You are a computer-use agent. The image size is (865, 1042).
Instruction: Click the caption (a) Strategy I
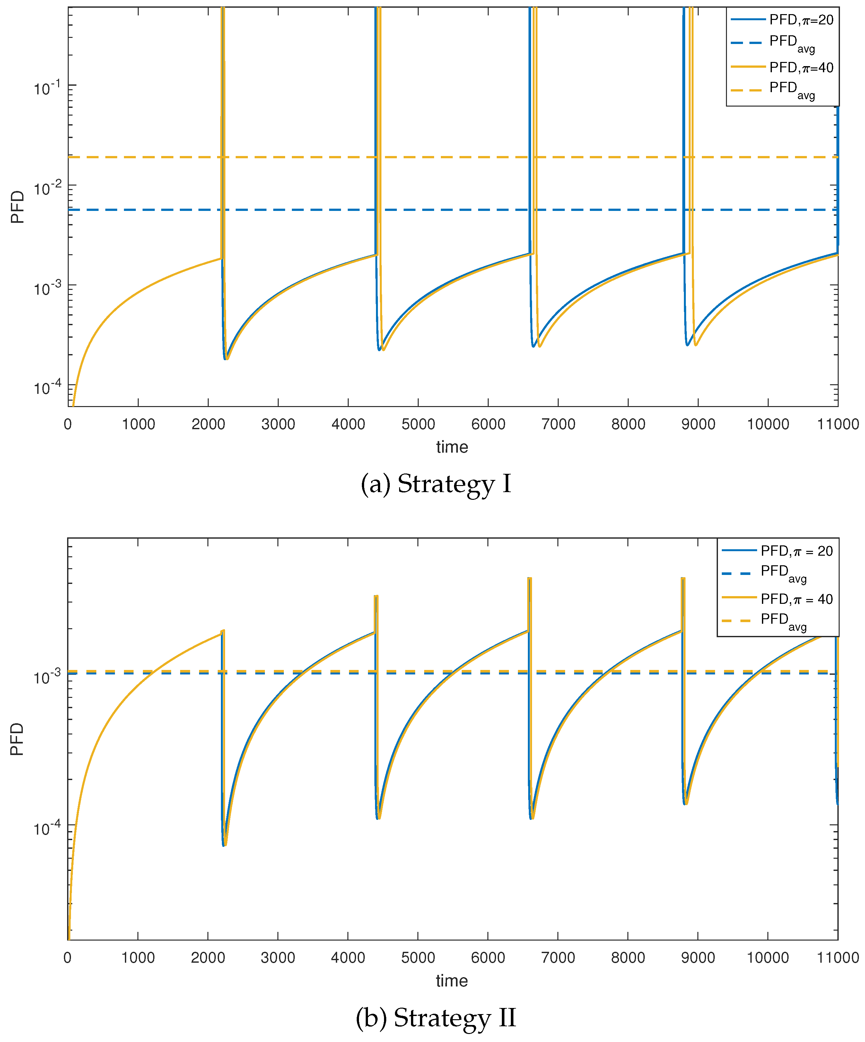[x=435, y=484]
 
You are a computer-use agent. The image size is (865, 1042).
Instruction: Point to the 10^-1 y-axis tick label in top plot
[x=47, y=88]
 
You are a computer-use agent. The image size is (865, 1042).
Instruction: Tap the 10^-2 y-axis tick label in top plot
[x=47, y=188]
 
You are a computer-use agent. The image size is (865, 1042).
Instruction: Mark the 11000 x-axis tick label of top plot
[x=838, y=424]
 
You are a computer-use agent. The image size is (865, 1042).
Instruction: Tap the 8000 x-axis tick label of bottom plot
[x=628, y=958]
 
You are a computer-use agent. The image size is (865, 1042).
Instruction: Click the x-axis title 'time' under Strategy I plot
[x=452, y=447]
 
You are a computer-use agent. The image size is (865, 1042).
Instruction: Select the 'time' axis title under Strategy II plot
[x=452, y=980]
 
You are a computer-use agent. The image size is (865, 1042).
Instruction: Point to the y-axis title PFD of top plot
[x=17, y=207]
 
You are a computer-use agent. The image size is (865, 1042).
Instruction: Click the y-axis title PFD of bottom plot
[x=17, y=739]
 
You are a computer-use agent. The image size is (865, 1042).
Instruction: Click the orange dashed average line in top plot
[x=149, y=157]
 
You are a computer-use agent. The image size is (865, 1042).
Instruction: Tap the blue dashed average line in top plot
[x=149, y=210]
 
